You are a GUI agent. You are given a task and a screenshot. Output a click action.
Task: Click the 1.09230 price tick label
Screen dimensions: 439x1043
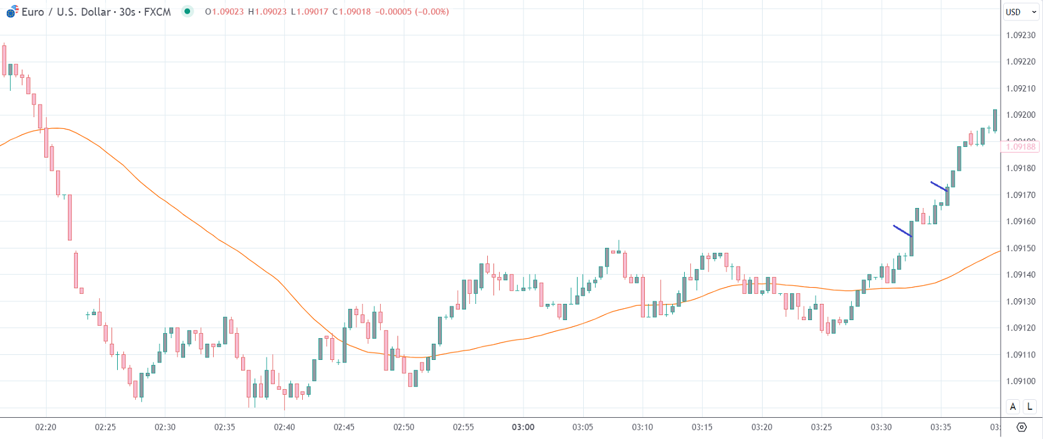click(x=1021, y=35)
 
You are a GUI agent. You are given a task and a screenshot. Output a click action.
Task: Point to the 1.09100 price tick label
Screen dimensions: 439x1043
click(x=1021, y=381)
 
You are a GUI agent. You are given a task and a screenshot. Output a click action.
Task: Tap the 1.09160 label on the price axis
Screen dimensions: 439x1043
click(x=1021, y=221)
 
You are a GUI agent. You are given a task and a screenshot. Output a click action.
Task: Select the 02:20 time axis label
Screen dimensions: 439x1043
click(x=45, y=427)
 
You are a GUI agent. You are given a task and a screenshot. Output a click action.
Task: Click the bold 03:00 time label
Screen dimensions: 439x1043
click(x=523, y=427)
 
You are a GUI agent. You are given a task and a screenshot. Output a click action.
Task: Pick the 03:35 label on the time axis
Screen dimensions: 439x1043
click(x=940, y=427)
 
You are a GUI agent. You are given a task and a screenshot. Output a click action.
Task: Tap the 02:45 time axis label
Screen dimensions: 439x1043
click(x=344, y=427)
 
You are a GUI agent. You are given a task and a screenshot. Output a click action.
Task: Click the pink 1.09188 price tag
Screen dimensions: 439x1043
click(x=1020, y=147)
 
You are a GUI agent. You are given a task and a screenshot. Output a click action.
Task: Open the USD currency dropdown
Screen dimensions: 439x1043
click(x=1021, y=12)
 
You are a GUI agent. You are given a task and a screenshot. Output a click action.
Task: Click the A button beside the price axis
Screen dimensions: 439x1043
click(x=1012, y=407)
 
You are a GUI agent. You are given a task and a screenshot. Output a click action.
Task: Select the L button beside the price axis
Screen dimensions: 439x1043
click(x=1030, y=407)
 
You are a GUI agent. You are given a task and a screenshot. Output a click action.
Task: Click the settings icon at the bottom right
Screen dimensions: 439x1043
click(x=1021, y=427)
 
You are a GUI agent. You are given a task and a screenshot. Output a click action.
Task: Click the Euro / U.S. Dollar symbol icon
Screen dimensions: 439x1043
click(x=12, y=11)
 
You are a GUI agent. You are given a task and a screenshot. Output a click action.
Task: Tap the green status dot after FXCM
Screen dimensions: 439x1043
click(x=187, y=11)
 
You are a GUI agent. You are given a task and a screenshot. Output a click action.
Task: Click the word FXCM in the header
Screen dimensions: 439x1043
click(x=157, y=12)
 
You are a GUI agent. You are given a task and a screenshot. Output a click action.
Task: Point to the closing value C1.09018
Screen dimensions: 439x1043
click(x=351, y=12)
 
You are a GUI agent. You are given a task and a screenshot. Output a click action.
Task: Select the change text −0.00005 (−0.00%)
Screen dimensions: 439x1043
click(x=412, y=12)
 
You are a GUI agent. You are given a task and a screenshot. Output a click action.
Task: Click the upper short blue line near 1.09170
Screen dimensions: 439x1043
click(x=939, y=186)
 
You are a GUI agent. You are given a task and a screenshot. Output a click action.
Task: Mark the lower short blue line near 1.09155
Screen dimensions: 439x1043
click(x=902, y=231)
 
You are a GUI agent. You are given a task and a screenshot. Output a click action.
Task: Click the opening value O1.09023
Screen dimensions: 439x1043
click(x=224, y=12)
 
